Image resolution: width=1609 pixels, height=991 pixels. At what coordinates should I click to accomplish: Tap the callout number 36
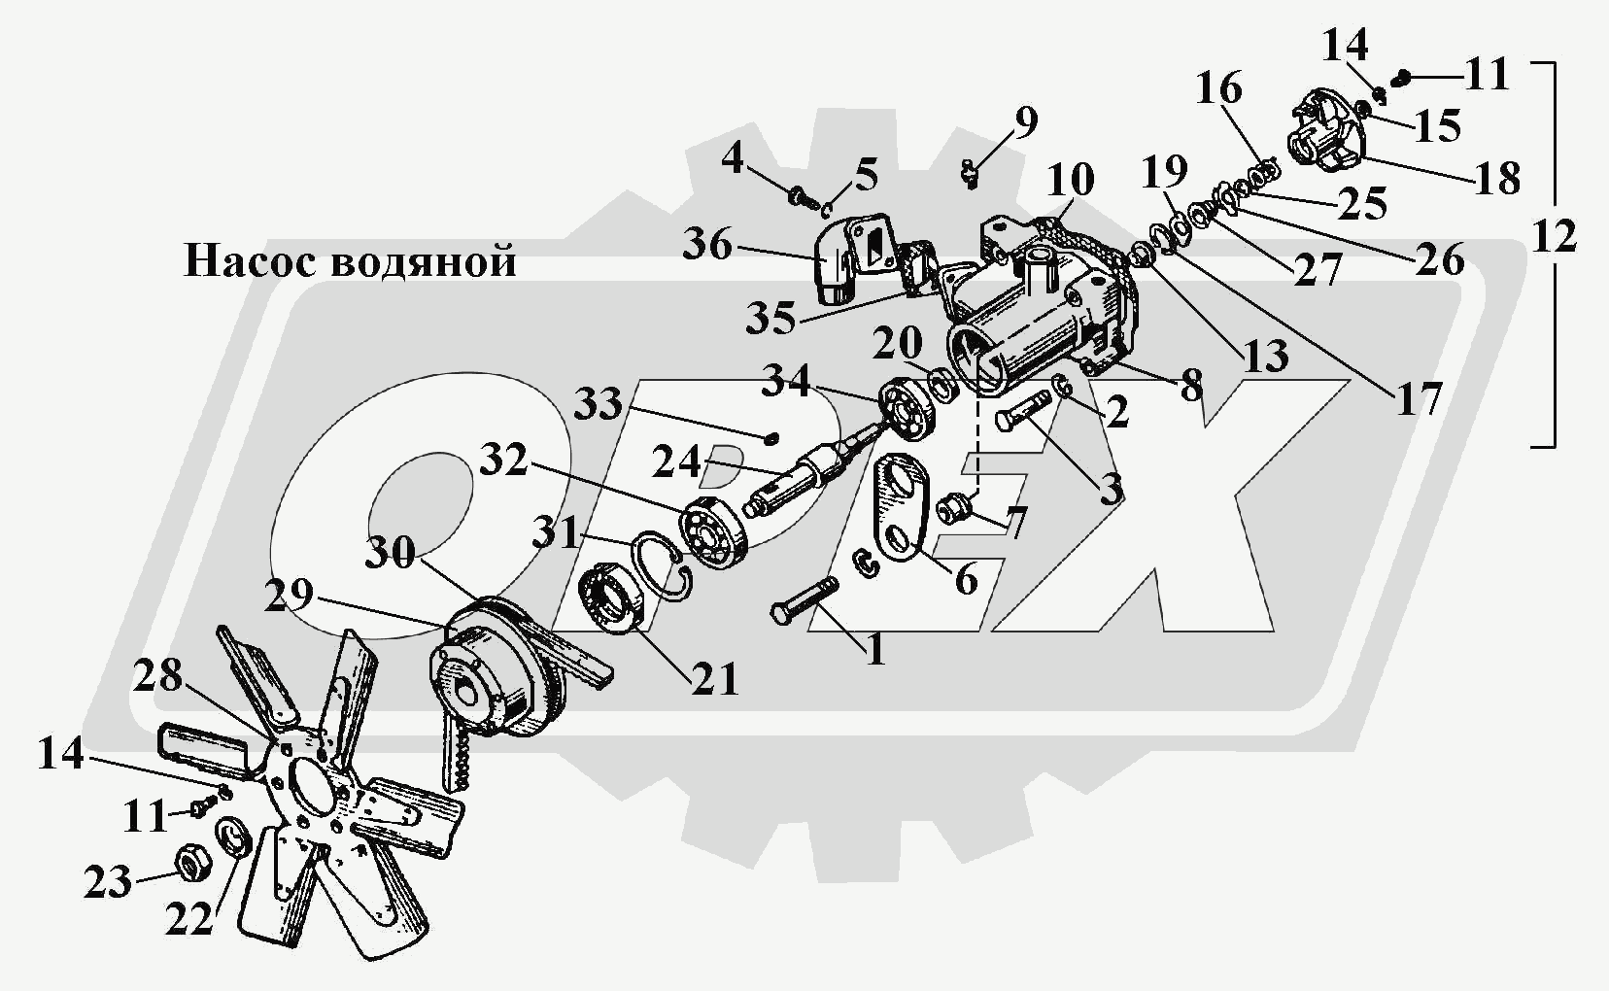point(706,244)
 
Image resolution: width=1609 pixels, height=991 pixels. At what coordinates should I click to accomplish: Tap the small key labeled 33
point(771,437)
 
